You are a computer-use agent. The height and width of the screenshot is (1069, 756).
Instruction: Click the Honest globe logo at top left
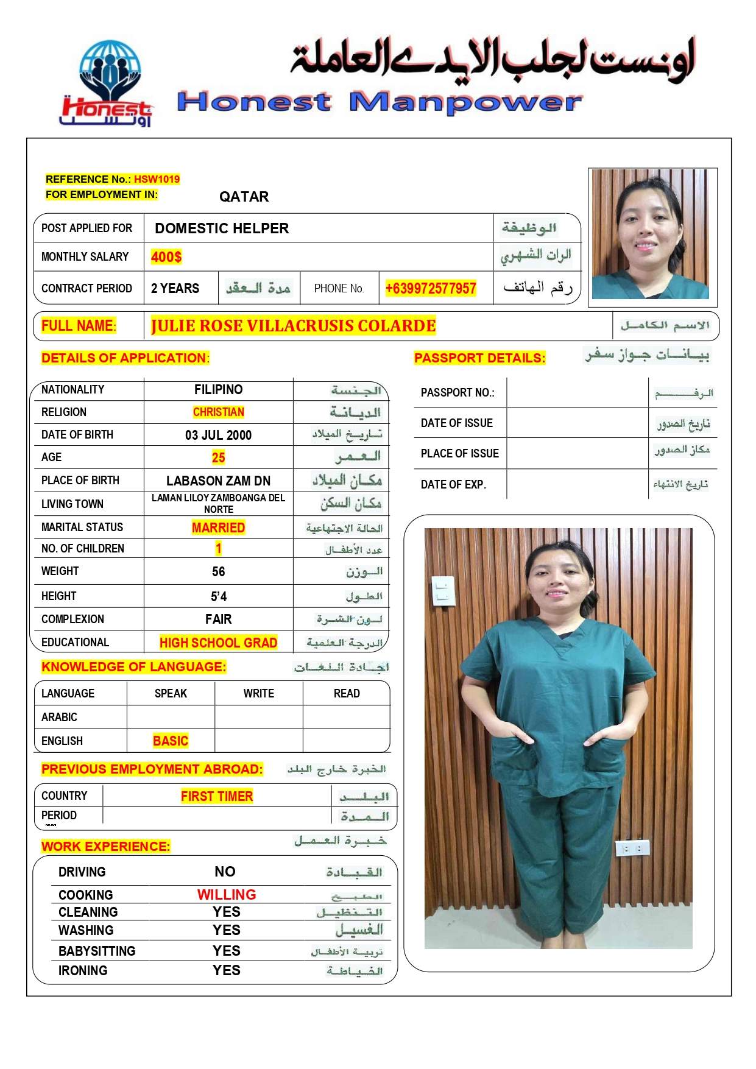108,82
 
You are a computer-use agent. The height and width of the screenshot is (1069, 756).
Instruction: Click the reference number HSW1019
157,179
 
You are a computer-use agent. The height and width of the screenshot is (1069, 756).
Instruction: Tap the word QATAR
244,197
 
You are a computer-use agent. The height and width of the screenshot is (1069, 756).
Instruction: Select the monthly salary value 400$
166,257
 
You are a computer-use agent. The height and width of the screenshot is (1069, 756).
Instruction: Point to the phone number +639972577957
430,288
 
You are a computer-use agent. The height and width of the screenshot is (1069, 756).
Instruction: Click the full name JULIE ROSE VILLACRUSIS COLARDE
293,326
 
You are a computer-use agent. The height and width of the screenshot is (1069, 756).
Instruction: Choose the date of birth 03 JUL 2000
218,435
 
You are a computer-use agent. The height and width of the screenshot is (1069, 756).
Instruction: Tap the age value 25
218,457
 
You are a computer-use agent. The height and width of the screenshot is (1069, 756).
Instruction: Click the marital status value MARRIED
218,527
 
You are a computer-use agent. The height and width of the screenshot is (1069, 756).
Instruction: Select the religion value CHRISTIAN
218,412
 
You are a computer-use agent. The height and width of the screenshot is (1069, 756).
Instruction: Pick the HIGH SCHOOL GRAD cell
218,643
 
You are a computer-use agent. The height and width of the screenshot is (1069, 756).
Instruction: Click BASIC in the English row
171,741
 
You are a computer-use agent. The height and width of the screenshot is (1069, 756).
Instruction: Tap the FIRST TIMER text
217,796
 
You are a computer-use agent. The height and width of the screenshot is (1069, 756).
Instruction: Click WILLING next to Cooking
227,894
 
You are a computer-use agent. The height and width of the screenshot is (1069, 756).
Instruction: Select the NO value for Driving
225,872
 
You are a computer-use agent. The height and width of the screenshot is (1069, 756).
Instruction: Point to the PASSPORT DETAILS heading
479,358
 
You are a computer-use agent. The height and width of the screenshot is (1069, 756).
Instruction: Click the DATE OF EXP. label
453,485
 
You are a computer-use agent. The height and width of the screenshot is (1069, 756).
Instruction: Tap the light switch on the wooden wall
443,591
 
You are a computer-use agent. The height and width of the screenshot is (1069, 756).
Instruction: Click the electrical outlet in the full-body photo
632,847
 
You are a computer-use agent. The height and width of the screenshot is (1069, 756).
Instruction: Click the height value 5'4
218,596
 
